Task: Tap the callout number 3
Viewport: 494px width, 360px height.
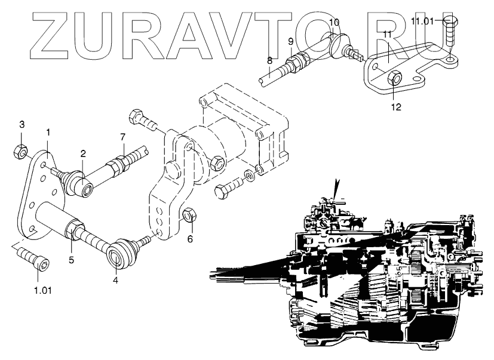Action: click(x=22, y=125)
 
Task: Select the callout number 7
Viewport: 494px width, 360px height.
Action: click(x=123, y=137)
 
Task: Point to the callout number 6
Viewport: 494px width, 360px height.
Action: click(x=190, y=239)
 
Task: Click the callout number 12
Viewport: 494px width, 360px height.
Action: click(x=395, y=107)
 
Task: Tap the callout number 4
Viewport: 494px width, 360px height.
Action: click(x=116, y=278)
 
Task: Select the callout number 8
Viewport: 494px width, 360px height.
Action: click(x=269, y=60)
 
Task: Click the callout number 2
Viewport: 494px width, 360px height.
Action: click(x=83, y=153)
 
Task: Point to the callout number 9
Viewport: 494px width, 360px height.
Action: click(x=291, y=41)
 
